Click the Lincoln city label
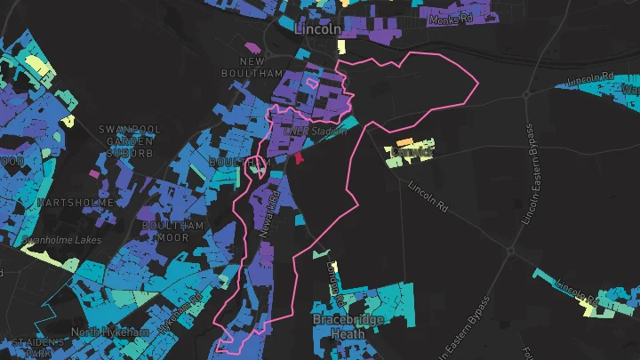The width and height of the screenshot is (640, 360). pos(317,28)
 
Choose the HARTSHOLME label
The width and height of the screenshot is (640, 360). pos(75,203)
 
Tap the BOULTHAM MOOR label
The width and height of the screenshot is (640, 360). pos(173,231)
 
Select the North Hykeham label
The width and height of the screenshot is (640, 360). pos(110,332)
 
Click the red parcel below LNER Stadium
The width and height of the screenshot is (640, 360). pos(299,157)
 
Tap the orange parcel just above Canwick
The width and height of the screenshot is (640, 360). pos(404,142)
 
